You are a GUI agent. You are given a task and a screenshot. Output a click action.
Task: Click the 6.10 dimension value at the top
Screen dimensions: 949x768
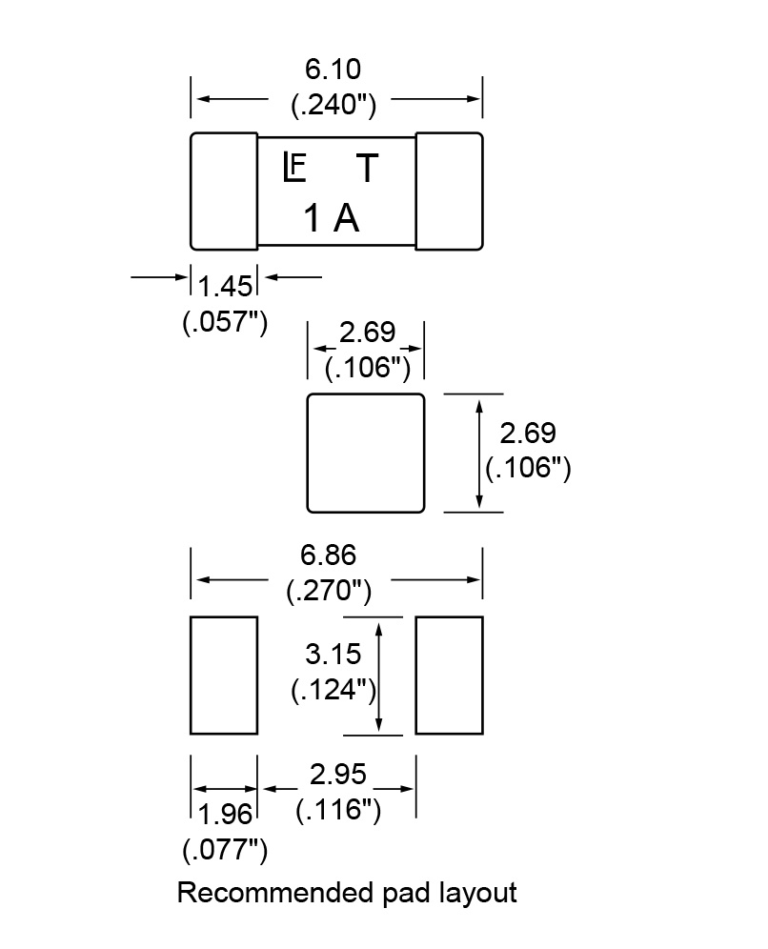[x=333, y=71]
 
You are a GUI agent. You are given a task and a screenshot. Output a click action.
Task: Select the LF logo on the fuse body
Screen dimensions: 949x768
[x=294, y=169]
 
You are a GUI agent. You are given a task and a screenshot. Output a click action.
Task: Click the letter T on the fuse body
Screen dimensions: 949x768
[x=367, y=170]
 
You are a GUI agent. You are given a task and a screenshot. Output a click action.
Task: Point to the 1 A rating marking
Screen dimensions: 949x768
[x=332, y=220]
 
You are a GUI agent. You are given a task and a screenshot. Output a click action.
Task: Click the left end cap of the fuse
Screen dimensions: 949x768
[x=224, y=191]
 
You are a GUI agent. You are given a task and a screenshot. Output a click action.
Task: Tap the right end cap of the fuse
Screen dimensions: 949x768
[x=449, y=191]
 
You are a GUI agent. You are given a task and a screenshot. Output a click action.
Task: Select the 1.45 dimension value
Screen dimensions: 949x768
[x=226, y=286]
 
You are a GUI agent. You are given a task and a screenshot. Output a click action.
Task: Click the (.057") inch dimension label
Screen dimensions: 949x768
[x=224, y=322]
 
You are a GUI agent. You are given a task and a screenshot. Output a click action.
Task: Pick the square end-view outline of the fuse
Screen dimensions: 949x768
[x=365, y=453]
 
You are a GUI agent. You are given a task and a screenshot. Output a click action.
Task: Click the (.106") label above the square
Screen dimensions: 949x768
[x=367, y=367]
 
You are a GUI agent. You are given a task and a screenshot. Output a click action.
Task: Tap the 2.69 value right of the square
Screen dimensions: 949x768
[x=528, y=434]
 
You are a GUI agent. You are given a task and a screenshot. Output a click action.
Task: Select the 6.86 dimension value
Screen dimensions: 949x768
[x=329, y=555]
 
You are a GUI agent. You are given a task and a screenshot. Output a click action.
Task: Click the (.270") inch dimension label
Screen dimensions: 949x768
[x=329, y=591]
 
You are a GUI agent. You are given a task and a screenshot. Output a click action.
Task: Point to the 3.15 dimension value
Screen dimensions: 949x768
[x=333, y=655]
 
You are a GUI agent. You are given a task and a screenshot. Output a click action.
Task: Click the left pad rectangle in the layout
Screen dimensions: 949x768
[x=224, y=676]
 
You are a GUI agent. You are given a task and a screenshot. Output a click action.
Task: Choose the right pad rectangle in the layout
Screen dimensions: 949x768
[x=449, y=676]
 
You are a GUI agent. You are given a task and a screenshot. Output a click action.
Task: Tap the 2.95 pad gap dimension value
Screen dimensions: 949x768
[x=338, y=775]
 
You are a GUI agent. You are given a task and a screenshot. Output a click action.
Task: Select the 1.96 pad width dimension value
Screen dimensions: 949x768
[x=225, y=815]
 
